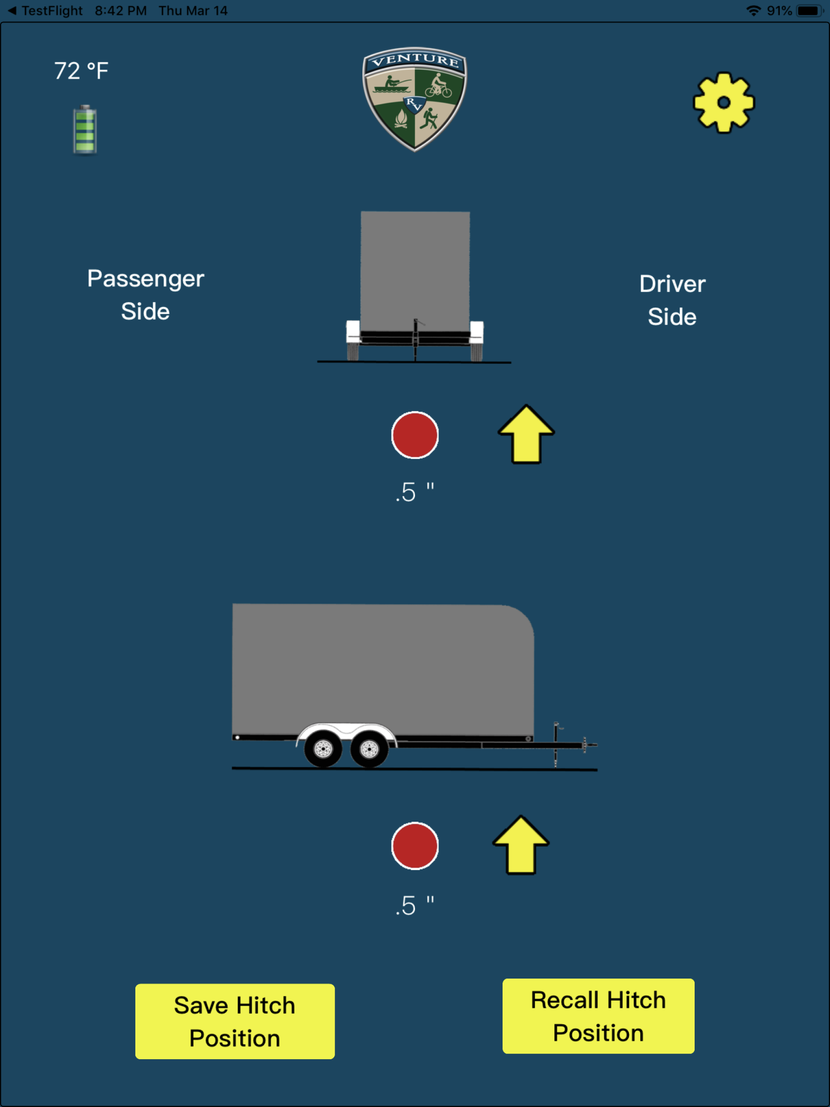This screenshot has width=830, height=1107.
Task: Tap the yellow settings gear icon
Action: coord(724,103)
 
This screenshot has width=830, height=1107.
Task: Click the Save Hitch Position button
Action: coord(235,1021)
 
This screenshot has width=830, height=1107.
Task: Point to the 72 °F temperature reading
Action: coord(81,71)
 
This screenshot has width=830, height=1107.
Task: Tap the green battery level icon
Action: coord(85,130)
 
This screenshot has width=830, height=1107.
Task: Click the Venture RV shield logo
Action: coord(415,99)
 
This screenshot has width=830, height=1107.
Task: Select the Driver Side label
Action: coord(672,300)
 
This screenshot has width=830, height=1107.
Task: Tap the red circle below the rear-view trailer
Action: coord(415,435)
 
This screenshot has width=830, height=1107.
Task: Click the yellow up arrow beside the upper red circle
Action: coord(526,434)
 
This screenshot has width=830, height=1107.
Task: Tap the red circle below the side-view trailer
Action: coord(415,846)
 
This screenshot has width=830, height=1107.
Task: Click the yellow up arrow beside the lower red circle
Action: coord(521,845)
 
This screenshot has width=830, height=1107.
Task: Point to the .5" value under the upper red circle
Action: coord(415,492)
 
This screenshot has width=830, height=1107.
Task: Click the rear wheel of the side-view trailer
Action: coord(323,749)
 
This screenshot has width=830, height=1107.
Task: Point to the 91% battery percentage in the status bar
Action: coord(779,11)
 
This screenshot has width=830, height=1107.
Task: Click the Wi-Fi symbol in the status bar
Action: coord(753,11)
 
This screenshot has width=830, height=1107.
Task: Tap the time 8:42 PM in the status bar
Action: coord(121,11)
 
